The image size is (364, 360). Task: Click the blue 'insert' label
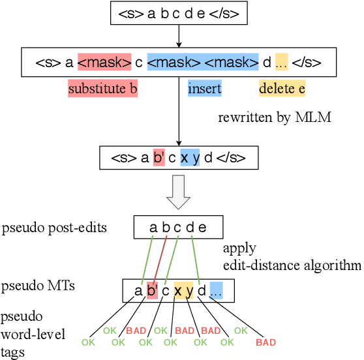204,89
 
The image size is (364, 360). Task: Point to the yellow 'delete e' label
282,89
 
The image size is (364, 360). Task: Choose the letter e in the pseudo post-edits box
202,228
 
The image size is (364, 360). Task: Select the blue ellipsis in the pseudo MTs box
216,290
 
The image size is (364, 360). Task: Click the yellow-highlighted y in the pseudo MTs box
189,290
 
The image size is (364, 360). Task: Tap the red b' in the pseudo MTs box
152,290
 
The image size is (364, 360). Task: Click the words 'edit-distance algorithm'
292,265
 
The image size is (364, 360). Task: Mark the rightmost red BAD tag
265,341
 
